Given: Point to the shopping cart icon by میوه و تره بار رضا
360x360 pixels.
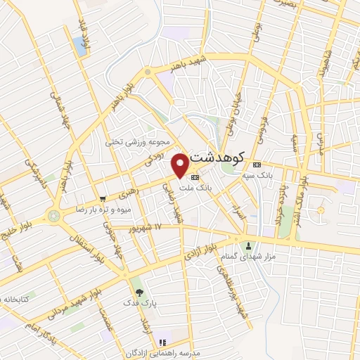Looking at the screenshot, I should click(x=103, y=199).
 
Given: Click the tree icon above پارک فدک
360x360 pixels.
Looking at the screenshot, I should click(x=138, y=292).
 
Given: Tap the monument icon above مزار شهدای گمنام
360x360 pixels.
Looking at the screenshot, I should click(x=248, y=245).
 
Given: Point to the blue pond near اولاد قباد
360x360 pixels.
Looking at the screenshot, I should click(x=77, y=46).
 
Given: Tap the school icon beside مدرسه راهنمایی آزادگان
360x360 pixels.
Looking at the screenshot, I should click(x=162, y=342).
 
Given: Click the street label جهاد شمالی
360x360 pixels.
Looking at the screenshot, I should click(x=56, y=109).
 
